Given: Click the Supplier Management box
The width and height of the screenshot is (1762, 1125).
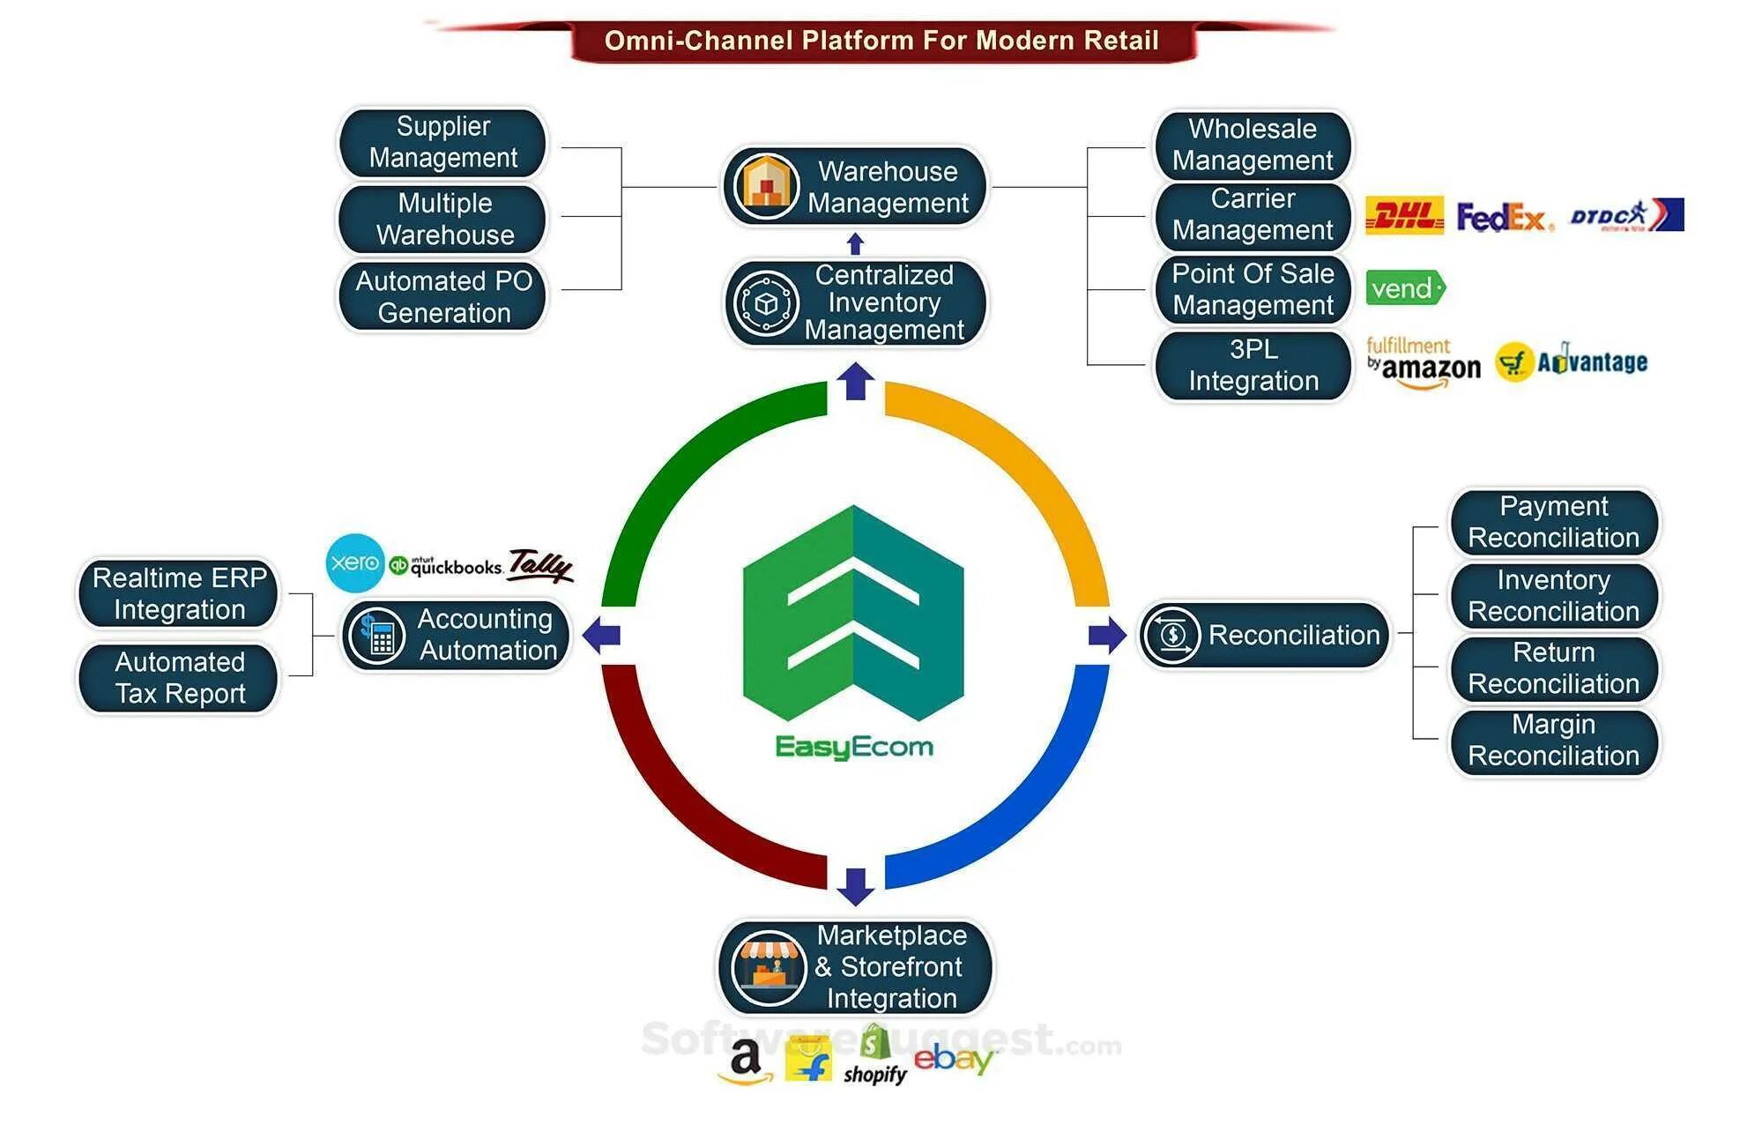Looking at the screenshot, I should coord(442,142).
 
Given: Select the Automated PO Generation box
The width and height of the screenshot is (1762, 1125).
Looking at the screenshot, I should coord(442,296).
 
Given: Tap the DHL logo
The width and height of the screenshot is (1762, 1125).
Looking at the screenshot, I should coord(1404,215).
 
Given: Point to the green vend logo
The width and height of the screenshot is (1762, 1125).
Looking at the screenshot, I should coord(1405,288).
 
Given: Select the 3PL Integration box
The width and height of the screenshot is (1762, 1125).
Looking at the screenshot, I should coord(1253,365).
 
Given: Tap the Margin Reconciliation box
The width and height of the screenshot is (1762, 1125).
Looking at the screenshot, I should coord(1553,741).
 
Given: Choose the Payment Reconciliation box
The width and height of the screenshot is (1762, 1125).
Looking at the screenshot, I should coord(1553,522).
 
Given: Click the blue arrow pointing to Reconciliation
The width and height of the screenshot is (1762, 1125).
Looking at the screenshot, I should coord(1107,635).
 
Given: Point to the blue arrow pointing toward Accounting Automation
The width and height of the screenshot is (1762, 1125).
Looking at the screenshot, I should coord(602,635).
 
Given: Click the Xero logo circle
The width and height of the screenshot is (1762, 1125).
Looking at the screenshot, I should coord(354,562).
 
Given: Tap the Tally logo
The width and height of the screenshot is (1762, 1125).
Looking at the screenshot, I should coord(540,564).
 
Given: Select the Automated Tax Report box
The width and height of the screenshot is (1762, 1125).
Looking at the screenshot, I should coord(179,678).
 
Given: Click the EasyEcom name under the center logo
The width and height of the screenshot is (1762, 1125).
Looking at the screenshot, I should coord(853,747).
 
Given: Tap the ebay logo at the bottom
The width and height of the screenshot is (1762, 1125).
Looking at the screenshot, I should coord(953,1058).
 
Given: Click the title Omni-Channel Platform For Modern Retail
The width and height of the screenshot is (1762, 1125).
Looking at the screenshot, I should coord(881,41).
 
